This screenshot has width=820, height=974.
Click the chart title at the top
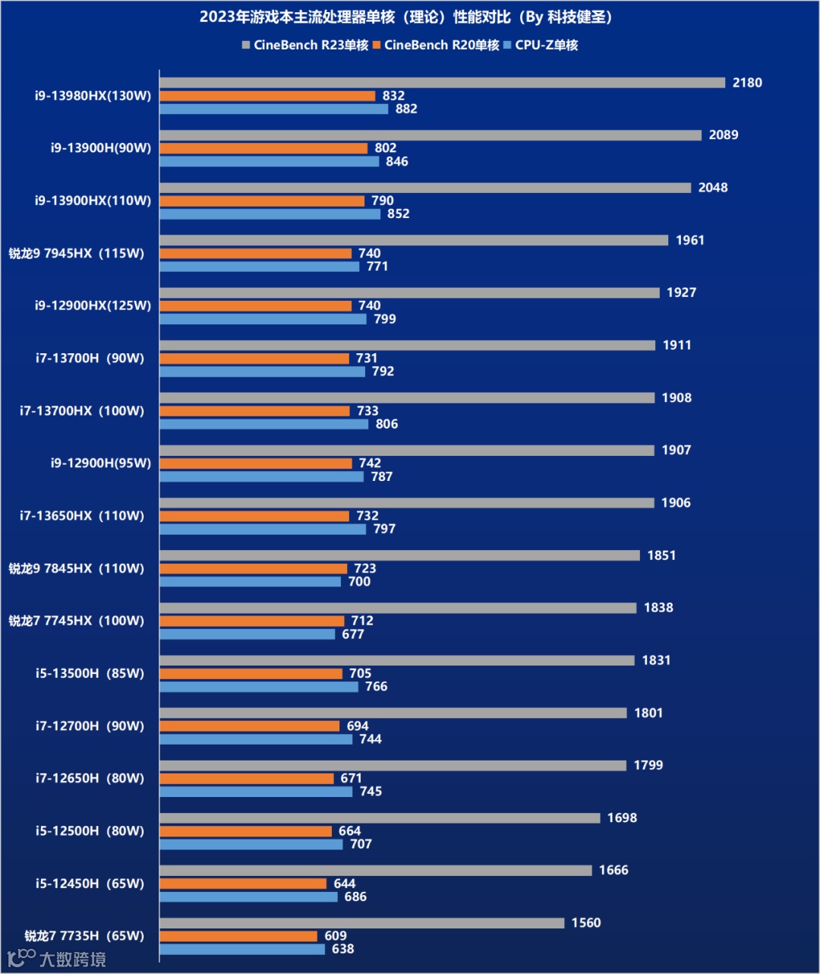tap(405, 17)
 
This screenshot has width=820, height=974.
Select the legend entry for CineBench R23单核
tap(305, 46)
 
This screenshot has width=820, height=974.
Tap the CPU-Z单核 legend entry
tap(541, 46)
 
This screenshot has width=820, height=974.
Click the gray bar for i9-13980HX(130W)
tap(442, 83)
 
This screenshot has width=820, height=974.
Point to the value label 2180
tap(746, 83)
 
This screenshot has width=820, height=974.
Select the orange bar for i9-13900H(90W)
tap(263, 148)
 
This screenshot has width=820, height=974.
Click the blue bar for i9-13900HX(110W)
tap(270, 214)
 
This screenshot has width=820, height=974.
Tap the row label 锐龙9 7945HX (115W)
tap(77, 254)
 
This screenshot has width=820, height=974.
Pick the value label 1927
tap(681, 293)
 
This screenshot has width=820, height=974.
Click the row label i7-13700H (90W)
tap(90, 359)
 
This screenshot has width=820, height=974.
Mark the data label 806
tap(386, 424)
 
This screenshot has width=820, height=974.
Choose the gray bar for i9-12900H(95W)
tap(406, 451)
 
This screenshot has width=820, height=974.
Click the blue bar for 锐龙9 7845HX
tap(250, 582)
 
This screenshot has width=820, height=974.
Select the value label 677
tap(352, 634)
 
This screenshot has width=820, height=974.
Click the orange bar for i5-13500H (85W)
tap(251, 674)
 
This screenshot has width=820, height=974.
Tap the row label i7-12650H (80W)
tap(90, 779)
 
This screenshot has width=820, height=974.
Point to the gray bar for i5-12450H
tap(375, 871)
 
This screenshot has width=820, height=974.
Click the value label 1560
tap(585, 923)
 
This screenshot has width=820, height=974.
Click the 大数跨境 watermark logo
tap(57, 959)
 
